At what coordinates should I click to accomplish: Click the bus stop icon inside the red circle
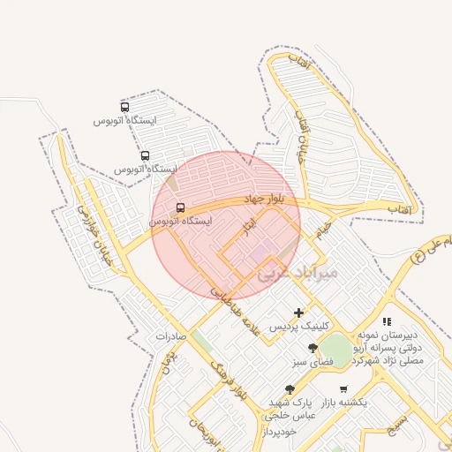(x=181, y=208)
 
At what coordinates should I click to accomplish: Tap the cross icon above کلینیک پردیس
(x=299, y=313)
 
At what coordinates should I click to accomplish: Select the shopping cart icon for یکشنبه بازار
(x=343, y=388)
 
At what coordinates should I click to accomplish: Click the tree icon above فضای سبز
(x=313, y=349)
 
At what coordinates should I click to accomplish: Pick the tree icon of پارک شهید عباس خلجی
(x=290, y=389)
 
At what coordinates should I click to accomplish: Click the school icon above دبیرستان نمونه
(x=386, y=322)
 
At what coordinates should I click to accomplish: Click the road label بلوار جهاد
(x=262, y=200)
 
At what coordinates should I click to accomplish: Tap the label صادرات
(x=173, y=336)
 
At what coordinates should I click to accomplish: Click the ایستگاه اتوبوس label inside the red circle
(x=181, y=222)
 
